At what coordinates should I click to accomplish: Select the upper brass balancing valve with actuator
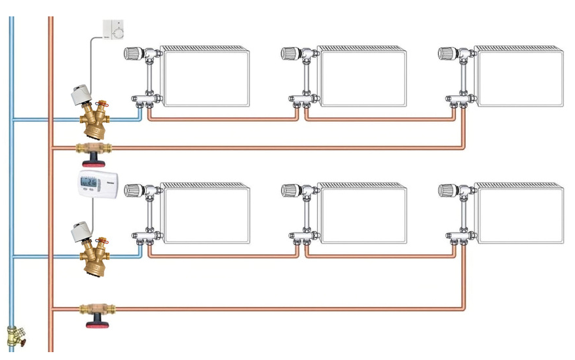pyautogui.click(x=94, y=118)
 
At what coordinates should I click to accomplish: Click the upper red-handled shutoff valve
pyautogui.click(x=94, y=153)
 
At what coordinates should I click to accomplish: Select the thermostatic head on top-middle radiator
pyautogui.click(x=290, y=53)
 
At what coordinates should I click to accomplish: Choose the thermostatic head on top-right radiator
pyautogui.click(x=447, y=53)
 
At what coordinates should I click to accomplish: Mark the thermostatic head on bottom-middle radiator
pyautogui.click(x=290, y=190)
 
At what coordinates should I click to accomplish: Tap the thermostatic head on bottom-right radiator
pyautogui.click(x=447, y=190)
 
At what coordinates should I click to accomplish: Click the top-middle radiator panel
pyautogui.click(x=362, y=77)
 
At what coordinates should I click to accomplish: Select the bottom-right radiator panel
pyautogui.click(x=519, y=214)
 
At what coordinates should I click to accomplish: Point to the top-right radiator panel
pyautogui.click(x=519, y=77)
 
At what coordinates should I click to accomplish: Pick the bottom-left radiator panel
pyautogui.click(x=206, y=214)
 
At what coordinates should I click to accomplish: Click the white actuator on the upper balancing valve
pyautogui.click(x=83, y=94)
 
